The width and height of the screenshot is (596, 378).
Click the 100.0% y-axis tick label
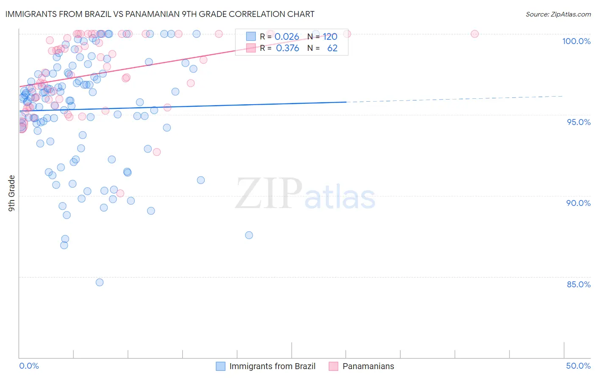(576, 41)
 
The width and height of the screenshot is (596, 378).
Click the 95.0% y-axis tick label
(579, 122)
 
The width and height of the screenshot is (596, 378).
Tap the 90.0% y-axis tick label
(578, 203)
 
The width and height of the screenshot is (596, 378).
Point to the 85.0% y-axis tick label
(579, 284)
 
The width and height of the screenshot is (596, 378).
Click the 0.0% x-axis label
(29, 366)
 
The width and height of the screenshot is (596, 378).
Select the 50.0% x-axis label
(578, 366)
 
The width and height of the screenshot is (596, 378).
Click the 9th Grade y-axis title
(12, 193)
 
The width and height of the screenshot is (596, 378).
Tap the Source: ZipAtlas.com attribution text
(558, 14)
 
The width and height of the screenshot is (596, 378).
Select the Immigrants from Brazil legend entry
(266, 366)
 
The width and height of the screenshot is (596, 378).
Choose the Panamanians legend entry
(362, 366)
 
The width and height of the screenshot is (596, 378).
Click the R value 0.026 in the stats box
(287, 36)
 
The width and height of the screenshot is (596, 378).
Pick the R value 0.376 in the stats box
(287, 48)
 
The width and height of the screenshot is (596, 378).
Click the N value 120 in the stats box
(330, 36)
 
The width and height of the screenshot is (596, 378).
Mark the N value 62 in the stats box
(332, 48)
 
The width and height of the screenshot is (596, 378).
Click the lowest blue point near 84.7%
(100, 282)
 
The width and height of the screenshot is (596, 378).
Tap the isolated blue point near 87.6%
(249, 235)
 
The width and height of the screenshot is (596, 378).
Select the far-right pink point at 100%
(475, 34)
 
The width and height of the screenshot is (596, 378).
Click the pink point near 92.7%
(157, 152)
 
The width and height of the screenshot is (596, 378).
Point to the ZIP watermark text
(269, 194)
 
